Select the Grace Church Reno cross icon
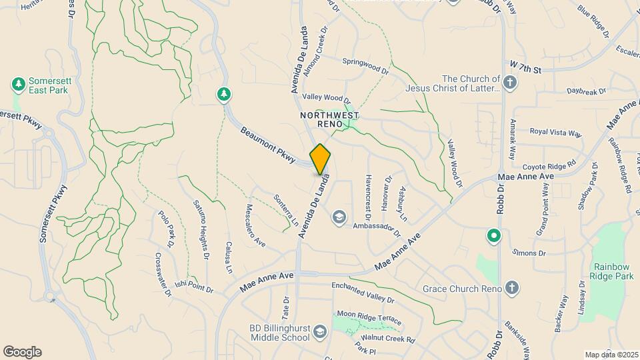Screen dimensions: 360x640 [x=511, y=289]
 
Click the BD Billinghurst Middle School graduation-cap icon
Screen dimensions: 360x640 [x=321, y=332]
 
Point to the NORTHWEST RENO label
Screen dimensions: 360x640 [x=325, y=120]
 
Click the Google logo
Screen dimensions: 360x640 [x=22, y=352]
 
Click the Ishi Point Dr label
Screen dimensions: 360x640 [x=193, y=287]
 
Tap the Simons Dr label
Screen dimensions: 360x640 [x=529, y=253]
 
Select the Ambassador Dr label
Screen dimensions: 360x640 [x=377, y=230]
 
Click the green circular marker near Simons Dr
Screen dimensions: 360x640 [x=493, y=235]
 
